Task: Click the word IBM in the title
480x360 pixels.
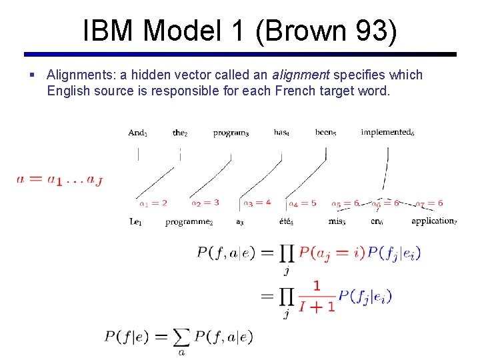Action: (107, 31)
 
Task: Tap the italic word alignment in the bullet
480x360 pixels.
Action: (301, 75)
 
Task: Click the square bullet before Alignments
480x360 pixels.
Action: (33, 75)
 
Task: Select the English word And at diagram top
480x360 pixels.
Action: (137, 133)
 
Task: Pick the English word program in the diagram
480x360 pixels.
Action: (231, 133)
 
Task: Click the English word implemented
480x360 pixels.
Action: (387, 133)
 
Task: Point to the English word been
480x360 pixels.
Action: (325, 133)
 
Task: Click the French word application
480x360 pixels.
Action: (434, 221)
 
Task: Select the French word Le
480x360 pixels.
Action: (135, 221)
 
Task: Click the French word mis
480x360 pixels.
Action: (337, 221)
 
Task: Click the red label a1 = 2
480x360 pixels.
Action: (153, 203)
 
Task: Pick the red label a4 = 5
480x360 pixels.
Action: (303, 203)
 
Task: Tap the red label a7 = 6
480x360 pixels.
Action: (429, 203)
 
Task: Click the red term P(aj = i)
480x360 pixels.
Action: (331, 253)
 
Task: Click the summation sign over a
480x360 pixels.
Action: (181, 339)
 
